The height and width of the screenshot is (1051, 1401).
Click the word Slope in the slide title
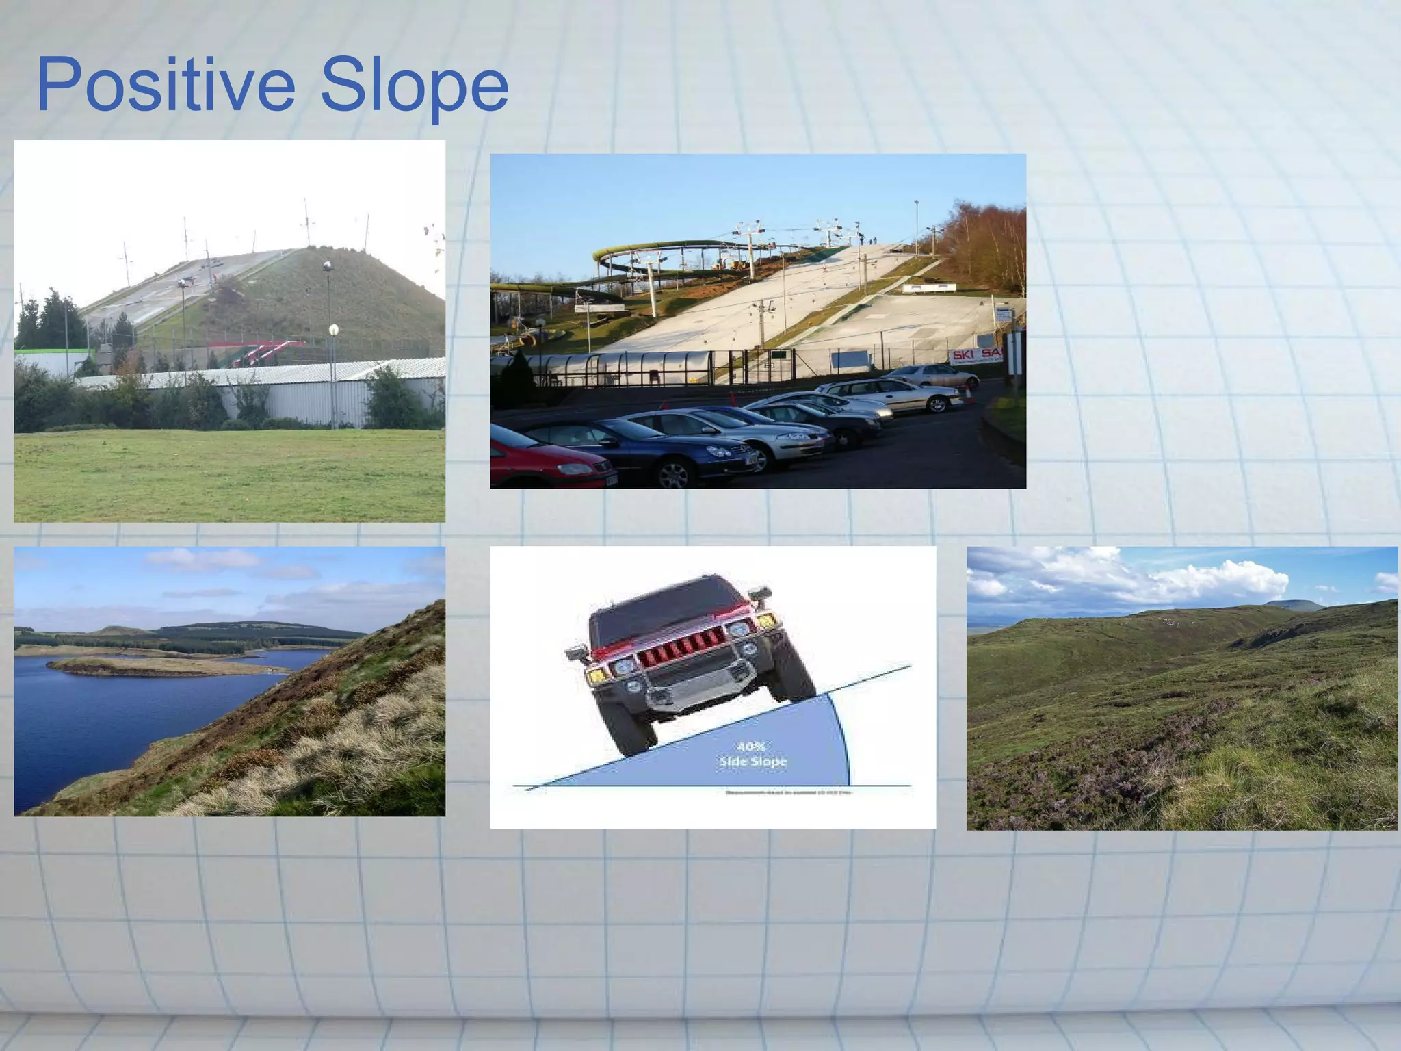coord(414,86)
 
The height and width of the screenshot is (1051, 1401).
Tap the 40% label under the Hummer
coord(751,746)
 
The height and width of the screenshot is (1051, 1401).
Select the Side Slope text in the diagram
coord(752,762)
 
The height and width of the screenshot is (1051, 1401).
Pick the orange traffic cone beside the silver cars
coord(969,393)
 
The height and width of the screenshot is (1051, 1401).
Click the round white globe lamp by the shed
coord(333,330)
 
